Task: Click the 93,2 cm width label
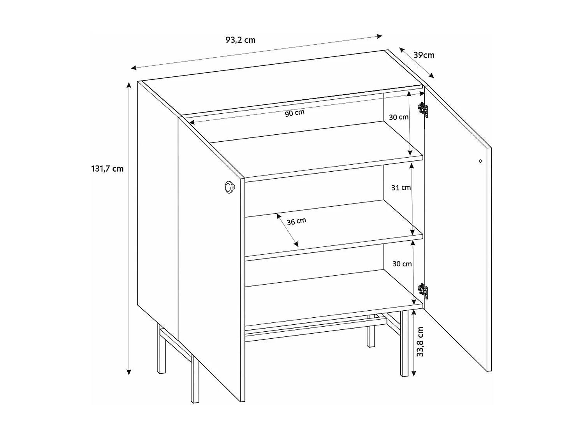pos(240,40)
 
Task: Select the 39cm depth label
pos(424,55)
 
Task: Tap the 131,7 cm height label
pos(107,169)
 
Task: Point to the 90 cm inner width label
pos(295,113)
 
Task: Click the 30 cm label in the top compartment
pos(399,117)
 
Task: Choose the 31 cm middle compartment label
pos(401,187)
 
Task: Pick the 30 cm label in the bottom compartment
pos(402,264)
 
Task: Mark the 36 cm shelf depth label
pos(296,221)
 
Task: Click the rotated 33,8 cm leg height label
pos(420,342)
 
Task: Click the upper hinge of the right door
pos(423,110)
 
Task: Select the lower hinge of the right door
pos(423,291)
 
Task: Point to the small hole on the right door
pos(480,161)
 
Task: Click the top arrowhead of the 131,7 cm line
pos(129,84)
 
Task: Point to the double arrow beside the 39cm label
pos(416,63)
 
